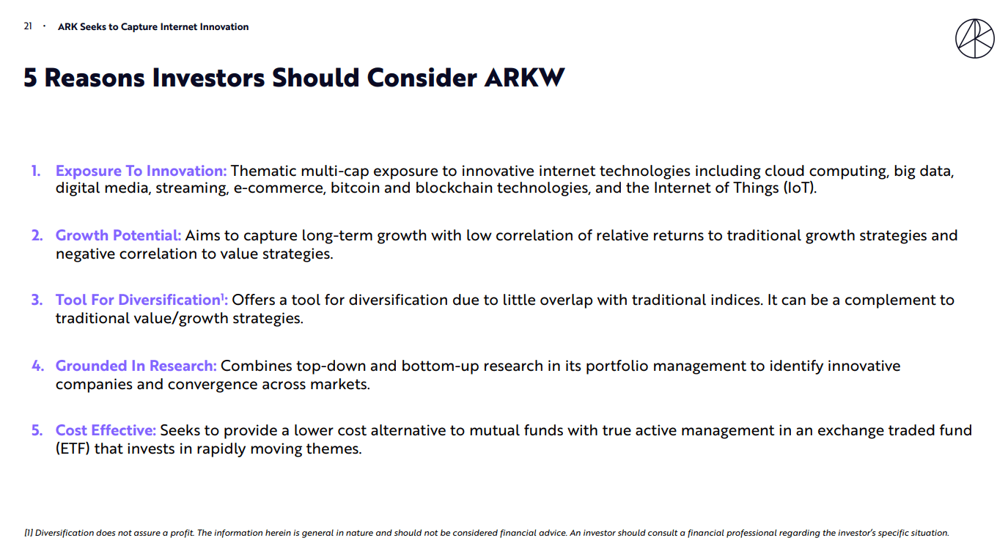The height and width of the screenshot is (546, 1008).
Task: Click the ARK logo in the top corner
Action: (974, 39)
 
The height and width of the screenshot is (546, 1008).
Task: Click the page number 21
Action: (28, 26)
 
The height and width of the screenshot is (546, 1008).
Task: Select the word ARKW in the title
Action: (524, 78)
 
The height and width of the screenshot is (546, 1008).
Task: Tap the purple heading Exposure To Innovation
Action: (141, 171)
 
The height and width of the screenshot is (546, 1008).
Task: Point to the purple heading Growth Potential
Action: (118, 236)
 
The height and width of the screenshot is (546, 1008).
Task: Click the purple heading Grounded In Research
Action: (136, 366)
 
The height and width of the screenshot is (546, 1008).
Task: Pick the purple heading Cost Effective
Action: (106, 430)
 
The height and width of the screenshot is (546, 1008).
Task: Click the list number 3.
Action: (37, 300)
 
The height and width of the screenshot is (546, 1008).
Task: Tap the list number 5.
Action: (37, 430)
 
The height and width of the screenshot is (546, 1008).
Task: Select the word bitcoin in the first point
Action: (355, 188)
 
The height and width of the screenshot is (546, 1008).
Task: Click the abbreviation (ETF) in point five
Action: (73, 449)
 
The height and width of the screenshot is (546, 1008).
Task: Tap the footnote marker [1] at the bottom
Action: (28, 533)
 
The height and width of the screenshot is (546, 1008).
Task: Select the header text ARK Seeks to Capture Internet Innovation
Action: (153, 27)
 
